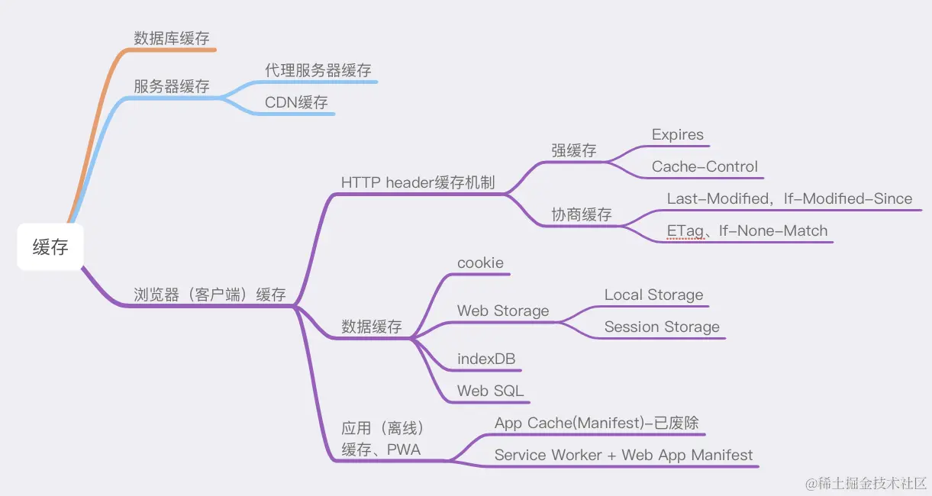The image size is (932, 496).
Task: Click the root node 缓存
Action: coord(50,247)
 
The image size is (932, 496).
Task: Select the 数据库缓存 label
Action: coord(172,38)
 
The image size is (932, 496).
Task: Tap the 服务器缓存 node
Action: coord(172,86)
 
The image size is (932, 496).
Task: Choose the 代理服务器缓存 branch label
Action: coord(318,70)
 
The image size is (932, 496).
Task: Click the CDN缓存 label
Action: coord(296,102)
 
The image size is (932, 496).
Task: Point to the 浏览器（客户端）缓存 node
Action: coord(210,295)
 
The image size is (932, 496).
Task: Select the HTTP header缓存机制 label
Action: coord(418,182)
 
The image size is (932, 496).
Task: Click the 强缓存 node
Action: coord(574,150)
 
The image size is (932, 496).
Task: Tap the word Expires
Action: coord(678,135)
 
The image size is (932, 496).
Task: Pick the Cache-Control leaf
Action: coord(705,167)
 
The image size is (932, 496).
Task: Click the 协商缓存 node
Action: coord(582,215)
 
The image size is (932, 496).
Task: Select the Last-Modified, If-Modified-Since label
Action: coord(789,199)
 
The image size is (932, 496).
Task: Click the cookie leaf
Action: coord(480,263)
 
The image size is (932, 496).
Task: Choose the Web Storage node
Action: coord(503,311)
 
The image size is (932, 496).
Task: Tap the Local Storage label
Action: coord(654,295)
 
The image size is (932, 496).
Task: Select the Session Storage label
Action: coord(662,327)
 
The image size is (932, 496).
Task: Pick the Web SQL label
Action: coord(491,391)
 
